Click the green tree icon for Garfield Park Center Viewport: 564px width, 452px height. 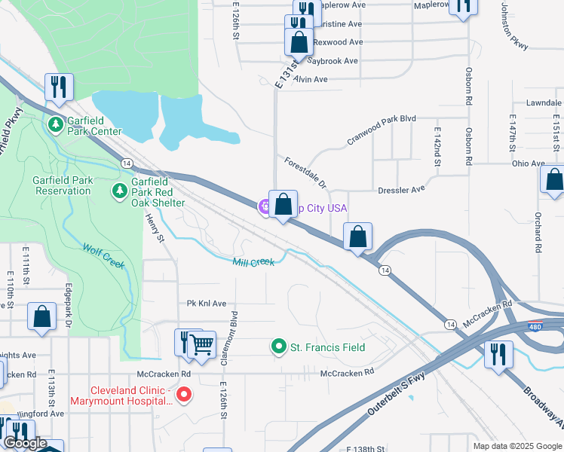55,124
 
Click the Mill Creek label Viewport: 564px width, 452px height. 253,261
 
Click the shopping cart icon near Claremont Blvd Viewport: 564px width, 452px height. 201,344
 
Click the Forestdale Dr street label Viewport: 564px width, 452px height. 306,173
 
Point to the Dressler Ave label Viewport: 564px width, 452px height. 402,190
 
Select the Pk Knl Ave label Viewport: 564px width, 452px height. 207,304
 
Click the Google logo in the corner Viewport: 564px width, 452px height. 25,444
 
